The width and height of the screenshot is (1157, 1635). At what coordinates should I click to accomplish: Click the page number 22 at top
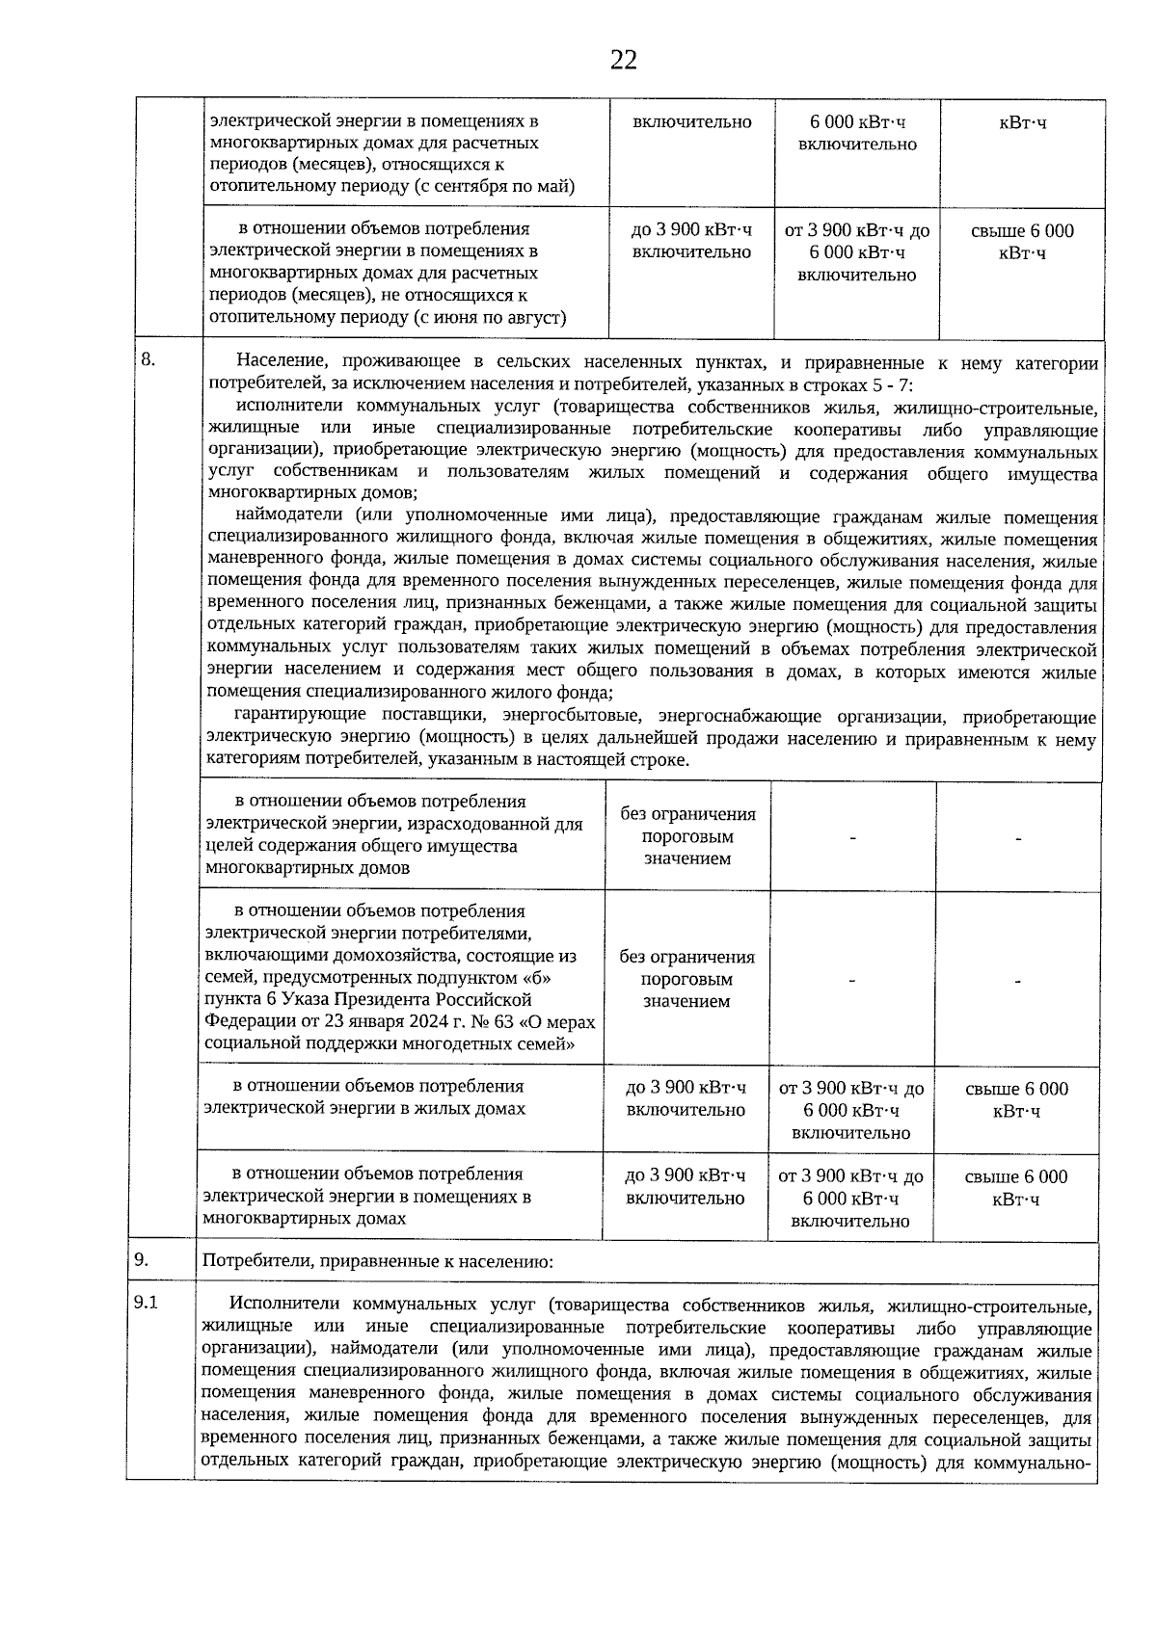623,61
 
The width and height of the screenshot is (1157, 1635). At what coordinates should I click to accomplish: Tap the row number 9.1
147,1304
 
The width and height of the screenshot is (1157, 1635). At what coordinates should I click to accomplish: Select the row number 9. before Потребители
142,1259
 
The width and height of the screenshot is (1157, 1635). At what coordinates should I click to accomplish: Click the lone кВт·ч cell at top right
1022,122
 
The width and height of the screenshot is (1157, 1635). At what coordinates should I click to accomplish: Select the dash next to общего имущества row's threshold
852,838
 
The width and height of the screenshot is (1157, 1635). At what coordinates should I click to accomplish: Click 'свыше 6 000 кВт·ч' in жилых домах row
1016,1099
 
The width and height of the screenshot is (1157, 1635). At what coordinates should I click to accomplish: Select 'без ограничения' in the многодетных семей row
686,957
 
